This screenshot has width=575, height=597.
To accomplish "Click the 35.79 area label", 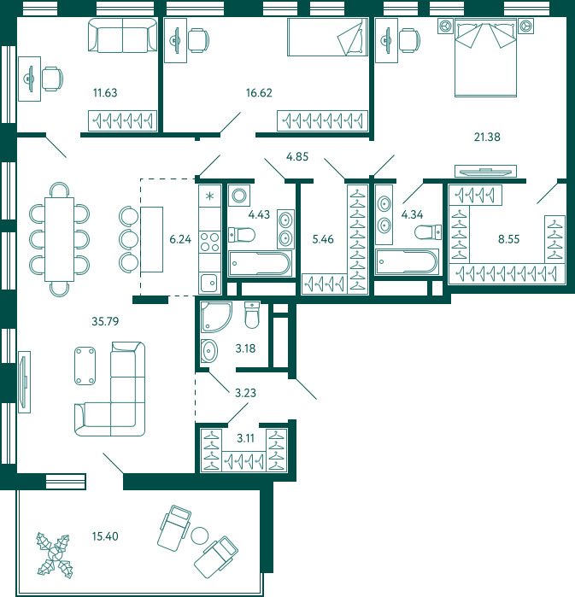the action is pyautogui.click(x=105, y=321).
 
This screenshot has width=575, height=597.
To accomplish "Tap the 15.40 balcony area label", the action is pyautogui.click(x=105, y=536).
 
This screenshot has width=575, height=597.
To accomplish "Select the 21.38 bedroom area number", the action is pyautogui.click(x=487, y=137).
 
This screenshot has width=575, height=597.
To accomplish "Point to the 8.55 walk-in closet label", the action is pyautogui.click(x=508, y=239).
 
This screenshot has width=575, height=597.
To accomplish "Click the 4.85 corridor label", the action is pyautogui.click(x=297, y=156).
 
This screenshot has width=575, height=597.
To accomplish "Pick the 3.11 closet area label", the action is pyautogui.click(x=245, y=438).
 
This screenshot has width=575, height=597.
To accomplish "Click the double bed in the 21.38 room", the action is pyautogui.click(x=485, y=57).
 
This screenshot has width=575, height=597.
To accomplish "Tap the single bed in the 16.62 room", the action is pyautogui.click(x=327, y=37).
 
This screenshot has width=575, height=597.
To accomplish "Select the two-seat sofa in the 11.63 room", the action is pyautogui.click(x=123, y=35).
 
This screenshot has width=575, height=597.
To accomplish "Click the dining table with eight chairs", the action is pyautogui.click(x=60, y=239).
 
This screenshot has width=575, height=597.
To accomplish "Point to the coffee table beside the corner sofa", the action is pyautogui.click(x=85, y=366).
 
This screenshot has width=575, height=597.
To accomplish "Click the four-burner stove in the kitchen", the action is pyautogui.click(x=210, y=243).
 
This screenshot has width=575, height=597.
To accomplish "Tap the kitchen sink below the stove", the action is pyautogui.click(x=209, y=283).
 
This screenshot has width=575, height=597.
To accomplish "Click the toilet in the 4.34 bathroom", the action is pyautogui.click(x=428, y=231).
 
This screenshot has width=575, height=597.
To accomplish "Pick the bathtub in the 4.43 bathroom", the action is pyautogui.click(x=260, y=263).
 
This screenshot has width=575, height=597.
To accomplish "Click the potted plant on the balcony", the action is pyautogui.click(x=55, y=556).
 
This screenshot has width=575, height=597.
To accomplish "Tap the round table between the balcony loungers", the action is pyautogui.click(x=200, y=536).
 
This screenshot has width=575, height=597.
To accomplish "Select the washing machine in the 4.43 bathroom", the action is pyautogui.click(x=239, y=196).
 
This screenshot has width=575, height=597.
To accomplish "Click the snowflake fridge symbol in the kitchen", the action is pyautogui.click(x=210, y=196).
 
